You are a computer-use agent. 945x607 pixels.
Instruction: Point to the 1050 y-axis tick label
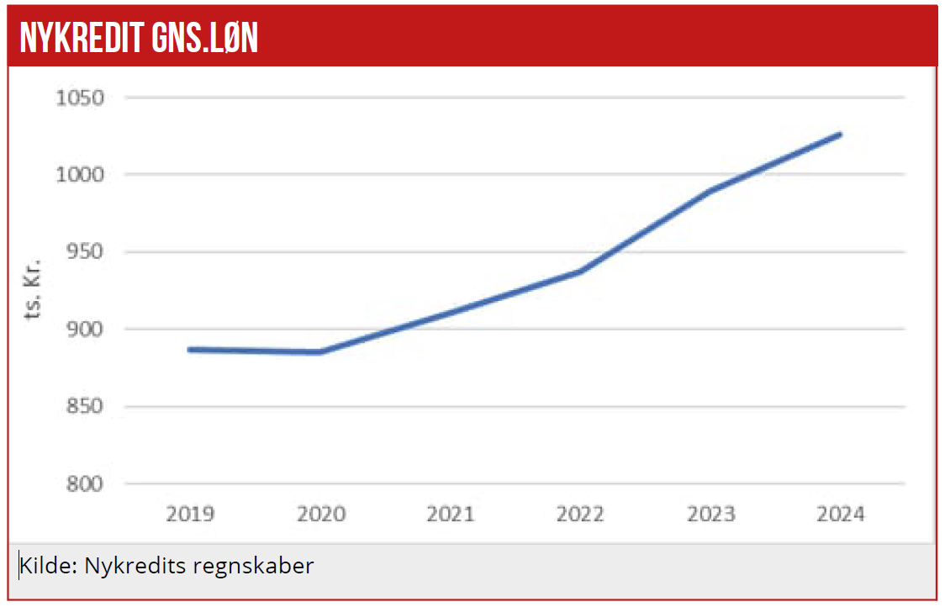[x=79, y=98]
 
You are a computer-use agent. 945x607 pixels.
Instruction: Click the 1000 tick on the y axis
[x=79, y=175]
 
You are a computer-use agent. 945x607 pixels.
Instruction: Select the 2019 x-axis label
[x=190, y=514]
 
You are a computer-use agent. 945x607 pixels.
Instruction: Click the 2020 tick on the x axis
[x=320, y=514]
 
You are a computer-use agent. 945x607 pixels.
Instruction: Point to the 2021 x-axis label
[x=450, y=514]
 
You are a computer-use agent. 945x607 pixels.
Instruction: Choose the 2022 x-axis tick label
[x=580, y=514]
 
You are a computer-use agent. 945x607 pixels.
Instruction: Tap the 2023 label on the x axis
[x=710, y=514]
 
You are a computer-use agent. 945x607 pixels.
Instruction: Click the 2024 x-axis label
[x=839, y=514]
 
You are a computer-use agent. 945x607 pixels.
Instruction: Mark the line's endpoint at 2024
[x=839, y=135]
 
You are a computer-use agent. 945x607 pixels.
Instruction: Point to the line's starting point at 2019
[x=190, y=349]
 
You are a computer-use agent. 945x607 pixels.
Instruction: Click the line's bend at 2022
[x=580, y=272]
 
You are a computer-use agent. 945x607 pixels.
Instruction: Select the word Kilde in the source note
[x=47, y=566]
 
